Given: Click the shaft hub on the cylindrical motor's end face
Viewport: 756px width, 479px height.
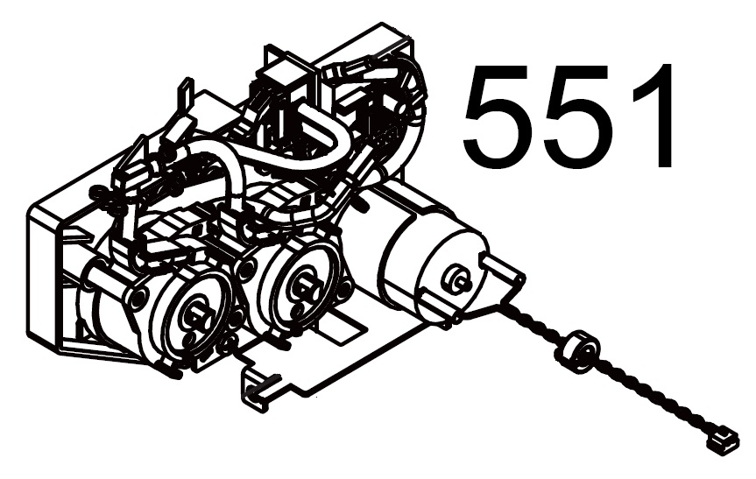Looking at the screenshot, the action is pos(456,279).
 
